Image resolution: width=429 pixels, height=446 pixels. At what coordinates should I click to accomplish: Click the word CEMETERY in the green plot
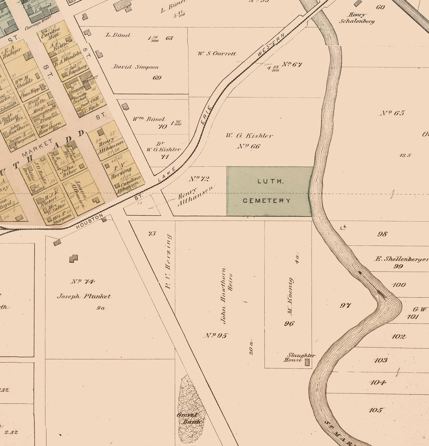(x=267, y=201)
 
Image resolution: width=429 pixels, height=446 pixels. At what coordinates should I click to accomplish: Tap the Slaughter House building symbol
(x=307, y=362)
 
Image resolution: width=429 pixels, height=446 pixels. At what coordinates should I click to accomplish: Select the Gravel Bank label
(x=190, y=418)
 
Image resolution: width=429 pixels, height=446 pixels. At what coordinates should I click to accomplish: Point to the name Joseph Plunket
(x=84, y=297)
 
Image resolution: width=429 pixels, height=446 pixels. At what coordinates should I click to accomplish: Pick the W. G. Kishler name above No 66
(x=249, y=135)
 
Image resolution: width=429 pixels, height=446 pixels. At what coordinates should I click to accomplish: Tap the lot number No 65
(x=392, y=113)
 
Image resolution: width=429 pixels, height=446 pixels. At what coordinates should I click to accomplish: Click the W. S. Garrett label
(x=217, y=54)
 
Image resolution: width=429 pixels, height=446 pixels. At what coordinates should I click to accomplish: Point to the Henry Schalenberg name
(x=357, y=18)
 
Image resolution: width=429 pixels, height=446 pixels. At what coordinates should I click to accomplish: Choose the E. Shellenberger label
(x=401, y=259)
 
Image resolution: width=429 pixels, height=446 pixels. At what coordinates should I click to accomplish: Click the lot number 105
(x=376, y=410)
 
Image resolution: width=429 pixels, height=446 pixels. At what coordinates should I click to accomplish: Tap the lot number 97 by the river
(x=345, y=305)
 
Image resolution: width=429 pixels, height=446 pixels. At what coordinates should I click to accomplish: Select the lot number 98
(x=382, y=234)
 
